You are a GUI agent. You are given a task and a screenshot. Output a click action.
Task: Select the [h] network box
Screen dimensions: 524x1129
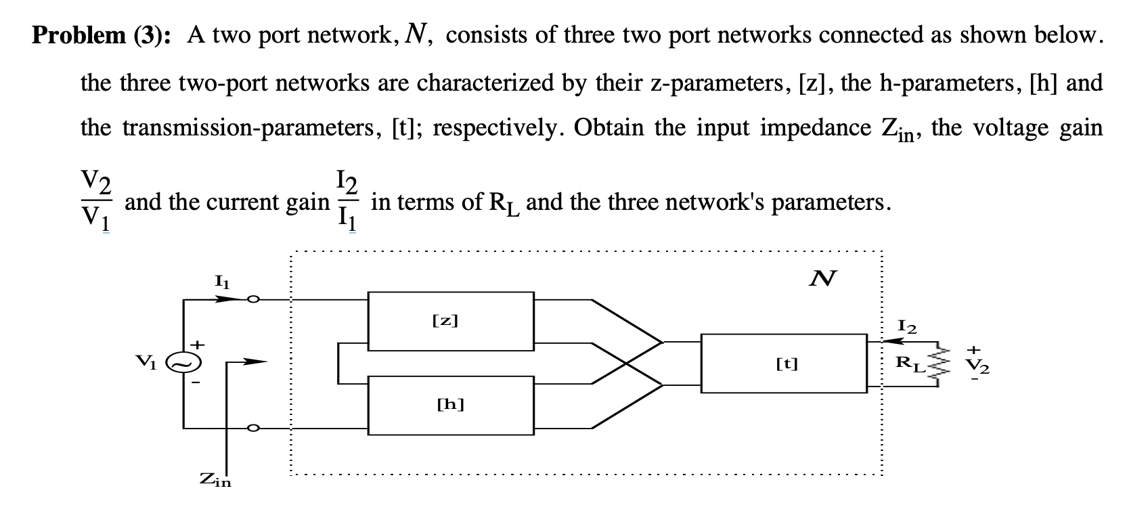click(x=450, y=405)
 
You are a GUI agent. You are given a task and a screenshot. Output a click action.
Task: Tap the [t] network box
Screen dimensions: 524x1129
click(x=784, y=364)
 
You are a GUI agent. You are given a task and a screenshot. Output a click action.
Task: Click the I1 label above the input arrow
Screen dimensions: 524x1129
click(x=221, y=282)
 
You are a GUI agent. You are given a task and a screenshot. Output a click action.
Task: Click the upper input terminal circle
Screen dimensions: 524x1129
click(x=252, y=299)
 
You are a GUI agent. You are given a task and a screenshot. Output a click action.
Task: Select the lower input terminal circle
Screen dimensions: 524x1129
click(x=252, y=428)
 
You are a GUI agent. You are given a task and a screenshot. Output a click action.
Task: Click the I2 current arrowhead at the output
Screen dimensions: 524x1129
click(x=895, y=343)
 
